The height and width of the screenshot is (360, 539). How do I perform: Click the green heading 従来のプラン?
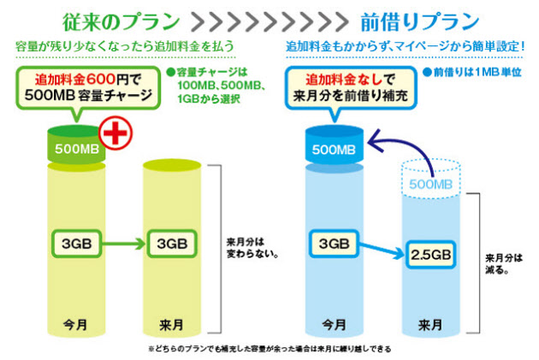(x=121, y=21)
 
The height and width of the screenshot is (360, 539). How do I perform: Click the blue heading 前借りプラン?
(x=420, y=21)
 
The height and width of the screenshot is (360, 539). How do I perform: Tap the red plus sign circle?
(x=115, y=133)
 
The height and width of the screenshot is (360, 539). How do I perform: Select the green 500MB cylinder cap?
(x=76, y=145)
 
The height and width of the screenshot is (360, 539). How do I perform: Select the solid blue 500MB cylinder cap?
(x=335, y=145)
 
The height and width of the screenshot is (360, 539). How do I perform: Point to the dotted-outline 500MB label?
(x=430, y=185)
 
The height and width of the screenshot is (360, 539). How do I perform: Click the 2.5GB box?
(x=431, y=255)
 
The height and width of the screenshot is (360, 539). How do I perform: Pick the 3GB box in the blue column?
(x=335, y=244)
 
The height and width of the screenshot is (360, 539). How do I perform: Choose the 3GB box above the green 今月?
(x=77, y=244)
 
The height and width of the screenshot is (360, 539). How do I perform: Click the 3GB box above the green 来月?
(x=172, y=244)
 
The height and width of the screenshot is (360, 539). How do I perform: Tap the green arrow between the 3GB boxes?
(x=124, y=245)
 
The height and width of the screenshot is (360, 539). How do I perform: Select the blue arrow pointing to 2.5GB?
(x=382, y=251)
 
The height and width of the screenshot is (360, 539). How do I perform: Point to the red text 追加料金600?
(x=75, y=80)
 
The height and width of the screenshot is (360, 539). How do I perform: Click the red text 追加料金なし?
(x=344, y=80)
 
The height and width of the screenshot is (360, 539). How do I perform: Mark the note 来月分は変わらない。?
(x=252, y=248)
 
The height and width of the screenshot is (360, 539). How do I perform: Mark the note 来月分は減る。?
(x=504, y=264)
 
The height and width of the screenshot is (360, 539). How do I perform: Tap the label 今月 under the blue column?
(x=335, y=325)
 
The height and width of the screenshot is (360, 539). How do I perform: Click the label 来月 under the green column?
(x=171, y=325)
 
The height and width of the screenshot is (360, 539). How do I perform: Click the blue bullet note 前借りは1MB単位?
(x=471, y=72)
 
